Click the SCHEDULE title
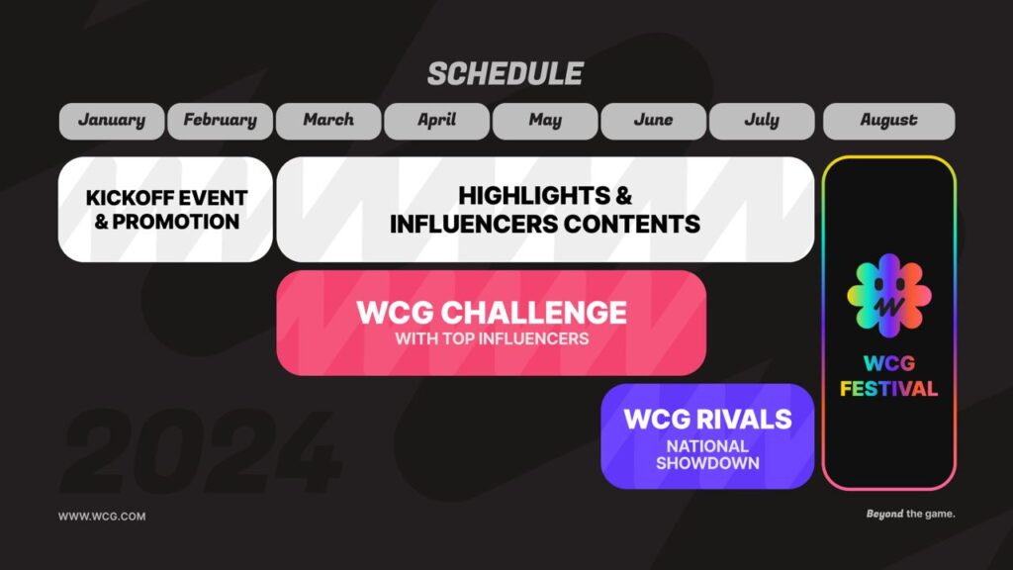(505, 74)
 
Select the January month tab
(111, 121)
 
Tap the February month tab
(220, 121)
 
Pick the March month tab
(328, 121)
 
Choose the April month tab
(436, 121)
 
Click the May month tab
(545, 121)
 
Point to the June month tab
(653, 121)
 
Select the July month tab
(761, 121)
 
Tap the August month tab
(888, 121)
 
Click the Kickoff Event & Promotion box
(165, 209)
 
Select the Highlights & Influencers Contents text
(545, 209)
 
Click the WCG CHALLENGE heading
(491, 313)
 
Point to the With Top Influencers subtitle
(491, 339)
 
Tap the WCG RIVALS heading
(707, 419)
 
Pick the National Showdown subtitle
(707, 454)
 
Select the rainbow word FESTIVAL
(888, 389)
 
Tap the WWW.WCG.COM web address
(102, 516)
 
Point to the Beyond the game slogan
(910, 515)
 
